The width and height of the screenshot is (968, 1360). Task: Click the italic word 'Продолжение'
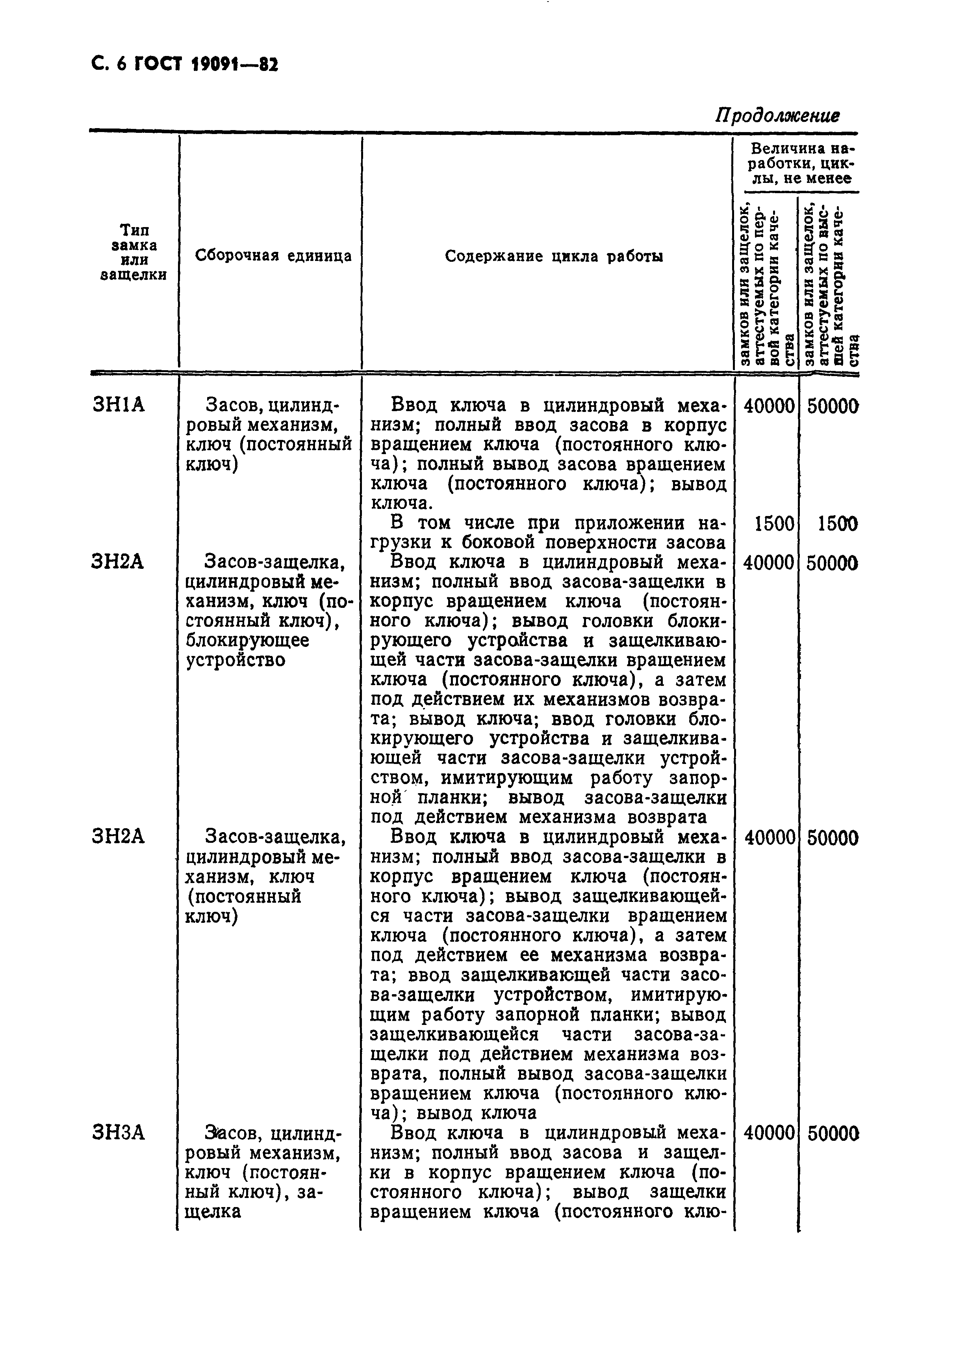[x=777, y=115]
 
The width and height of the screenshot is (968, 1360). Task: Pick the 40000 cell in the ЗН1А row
[x=769, y=406]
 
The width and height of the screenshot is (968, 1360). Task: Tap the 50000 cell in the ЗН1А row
[x=832, y=406]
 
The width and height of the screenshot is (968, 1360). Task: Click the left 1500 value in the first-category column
[x=774, y=524]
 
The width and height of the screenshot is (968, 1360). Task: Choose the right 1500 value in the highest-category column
[x=838, y=524]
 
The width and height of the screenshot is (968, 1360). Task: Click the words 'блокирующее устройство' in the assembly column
[x=247, y=650]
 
